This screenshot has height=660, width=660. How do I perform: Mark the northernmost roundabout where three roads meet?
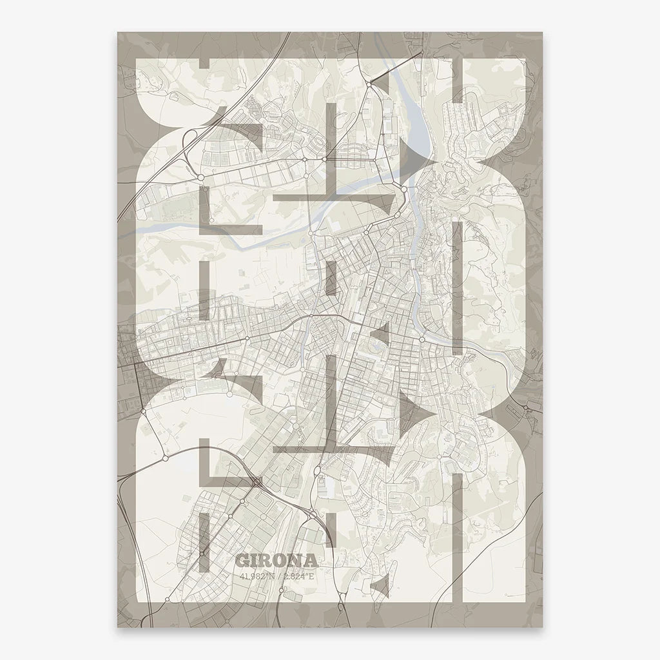tap(369, 83)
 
